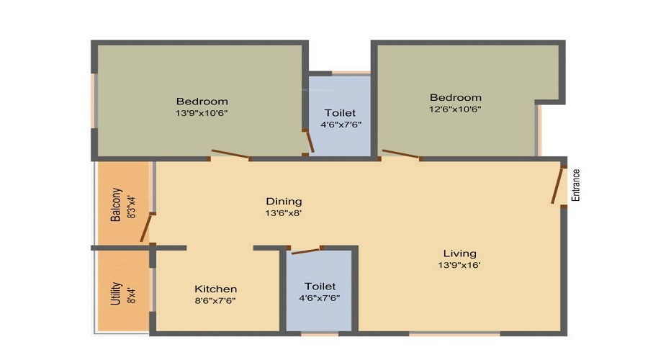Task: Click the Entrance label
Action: tap(576, 185)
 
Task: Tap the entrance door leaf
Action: tap(557, 186)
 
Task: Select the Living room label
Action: tap(459, 253)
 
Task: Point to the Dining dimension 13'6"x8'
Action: tap(284, 213)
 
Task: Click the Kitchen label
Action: tap(216, 289)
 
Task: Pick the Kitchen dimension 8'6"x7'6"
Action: tap(215, 301)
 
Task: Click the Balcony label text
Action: tap(116, 205)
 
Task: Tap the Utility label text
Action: tap(116, 294)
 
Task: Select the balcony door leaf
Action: tap(145, 228)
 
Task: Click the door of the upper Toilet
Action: tap(310, 141)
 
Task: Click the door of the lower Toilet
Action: tap(306, 251)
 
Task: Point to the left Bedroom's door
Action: tap(230, 153)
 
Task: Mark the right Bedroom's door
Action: tap(400, 153)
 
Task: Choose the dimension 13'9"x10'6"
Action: tap(202, 113)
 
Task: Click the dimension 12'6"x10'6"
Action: tap(456, 109)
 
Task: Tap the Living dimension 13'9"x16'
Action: tap(459, 266)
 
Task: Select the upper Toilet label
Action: tap(340, 113)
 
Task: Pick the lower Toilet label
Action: tap(320, 287)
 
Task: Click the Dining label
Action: tap(284, 202)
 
